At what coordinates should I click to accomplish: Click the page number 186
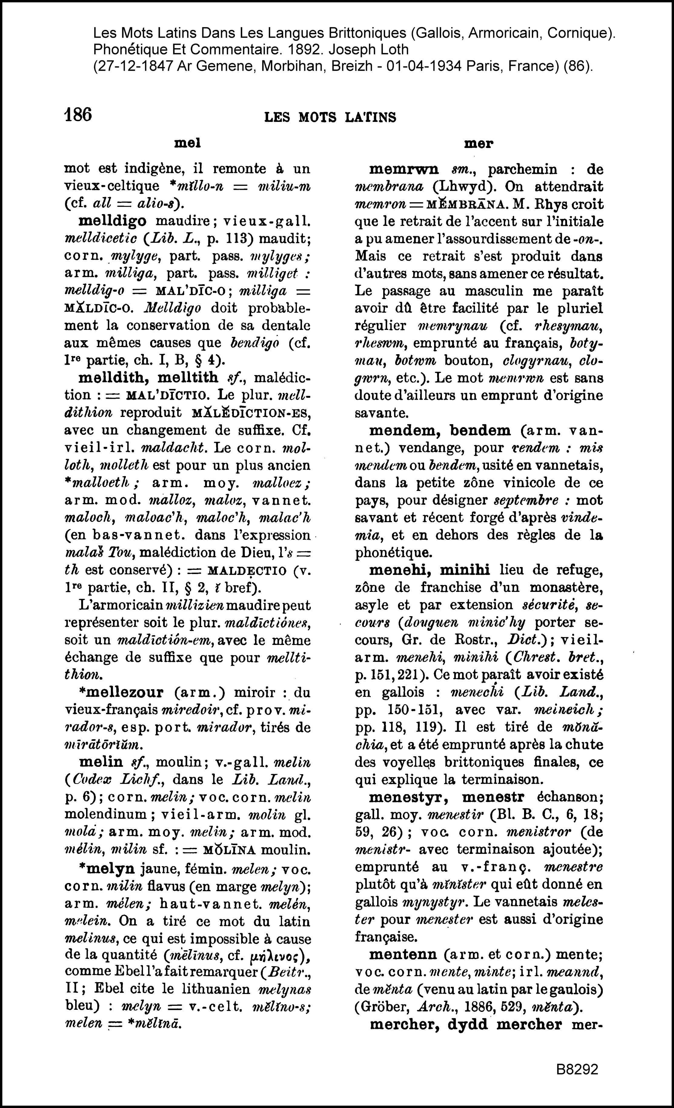tap(78, 115)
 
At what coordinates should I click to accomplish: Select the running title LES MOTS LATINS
tap(330, 118)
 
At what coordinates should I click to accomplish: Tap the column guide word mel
tap(187, 143)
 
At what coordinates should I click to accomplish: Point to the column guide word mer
tap(479, 144)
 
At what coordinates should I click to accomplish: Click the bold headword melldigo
tap(112, 221)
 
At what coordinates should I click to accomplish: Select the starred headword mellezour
tap(121, 692)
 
